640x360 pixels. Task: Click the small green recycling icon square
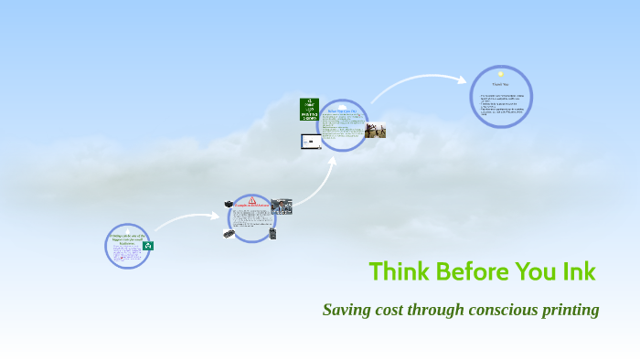click(x=147, y=245)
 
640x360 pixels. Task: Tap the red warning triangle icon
click(x=252, y=200)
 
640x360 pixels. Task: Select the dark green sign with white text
click(x=310, y=110)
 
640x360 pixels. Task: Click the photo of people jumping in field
click(x=375, y=131)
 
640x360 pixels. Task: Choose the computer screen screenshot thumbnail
click(x=310, y=142)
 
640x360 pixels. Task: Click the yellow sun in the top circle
click(x=501, y=74)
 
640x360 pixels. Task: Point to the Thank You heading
click(x=500, y=85)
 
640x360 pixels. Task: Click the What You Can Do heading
click(x=342, y=111)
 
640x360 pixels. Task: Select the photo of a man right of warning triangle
click(x=281, y=206)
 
